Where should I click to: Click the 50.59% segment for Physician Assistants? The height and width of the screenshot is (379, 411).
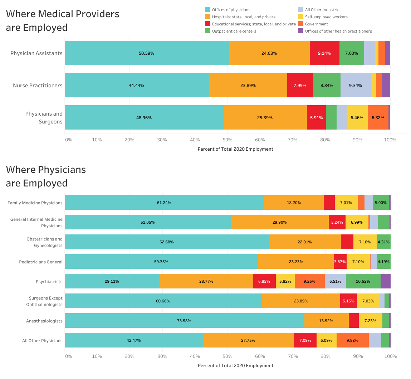[147, 53]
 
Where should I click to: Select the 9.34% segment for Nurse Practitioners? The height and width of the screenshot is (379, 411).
[356, 85]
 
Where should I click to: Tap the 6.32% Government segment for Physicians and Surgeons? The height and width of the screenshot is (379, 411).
[378, 117]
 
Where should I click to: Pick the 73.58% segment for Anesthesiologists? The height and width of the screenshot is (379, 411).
[184, 321]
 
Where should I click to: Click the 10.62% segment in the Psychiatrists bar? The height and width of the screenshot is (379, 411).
[363, 281]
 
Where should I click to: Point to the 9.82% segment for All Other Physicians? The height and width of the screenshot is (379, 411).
[352, 340]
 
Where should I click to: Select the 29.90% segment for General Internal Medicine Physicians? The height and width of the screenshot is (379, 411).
[280, 222]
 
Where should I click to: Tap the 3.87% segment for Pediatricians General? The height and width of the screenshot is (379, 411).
[340, 262]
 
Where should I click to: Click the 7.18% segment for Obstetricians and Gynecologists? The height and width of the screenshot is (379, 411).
[365, 242]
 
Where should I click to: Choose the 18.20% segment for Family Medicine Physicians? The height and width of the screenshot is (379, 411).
[294, 203]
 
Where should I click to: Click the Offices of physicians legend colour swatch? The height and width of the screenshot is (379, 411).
[207, 10]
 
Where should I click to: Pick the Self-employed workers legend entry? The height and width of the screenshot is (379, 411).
[326, 17]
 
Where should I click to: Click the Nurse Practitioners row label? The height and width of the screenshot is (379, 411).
[38, 85]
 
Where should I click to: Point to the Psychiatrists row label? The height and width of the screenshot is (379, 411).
[49, 281]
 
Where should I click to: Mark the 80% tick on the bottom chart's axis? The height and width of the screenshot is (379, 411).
[325, 356]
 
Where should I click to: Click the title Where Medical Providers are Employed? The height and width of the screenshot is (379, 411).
[63, 21]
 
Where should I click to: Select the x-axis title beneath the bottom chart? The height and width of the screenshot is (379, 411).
[235, 365]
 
